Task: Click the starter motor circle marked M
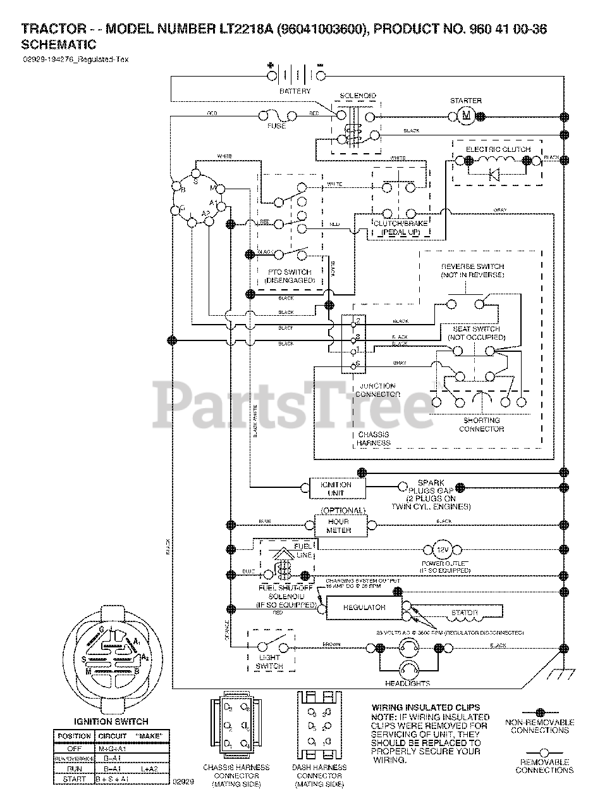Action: tap(468, 115)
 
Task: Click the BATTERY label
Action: tap(295, 92)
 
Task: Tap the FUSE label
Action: tap(276, 126)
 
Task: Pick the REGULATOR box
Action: tap(364, 607)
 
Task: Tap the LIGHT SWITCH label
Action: tap(269, 662)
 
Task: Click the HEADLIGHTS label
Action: tap(408, 683)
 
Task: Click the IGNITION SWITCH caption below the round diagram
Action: tap(111, 721)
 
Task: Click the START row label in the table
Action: tap(75, 779)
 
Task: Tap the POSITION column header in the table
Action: tap(75, 736)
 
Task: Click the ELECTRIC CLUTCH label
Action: tap(498, 149)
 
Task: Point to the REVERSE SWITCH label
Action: tap(473, 271)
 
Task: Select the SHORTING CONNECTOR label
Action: tap(482, 424)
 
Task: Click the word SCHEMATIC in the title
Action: tap(59, 44)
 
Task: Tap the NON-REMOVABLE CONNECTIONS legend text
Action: tap(541, 726)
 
